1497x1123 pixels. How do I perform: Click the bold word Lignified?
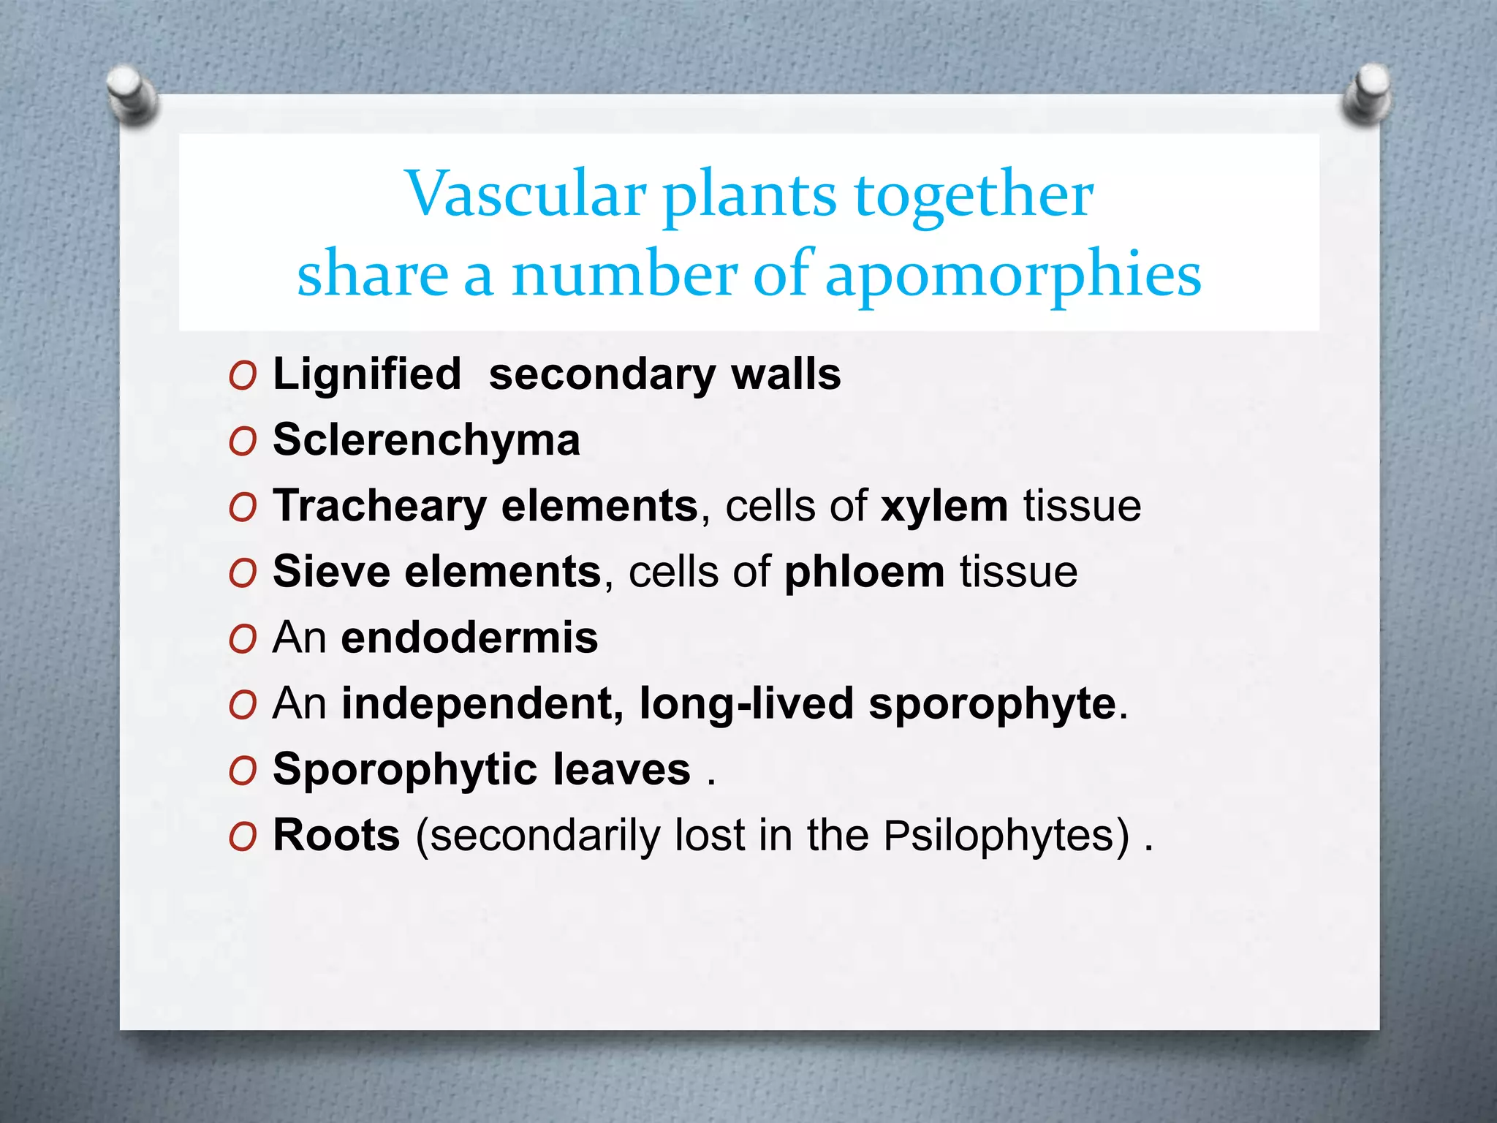click(367, 374)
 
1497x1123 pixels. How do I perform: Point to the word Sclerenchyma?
click(426, 440)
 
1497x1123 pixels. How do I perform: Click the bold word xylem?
click(944, 506)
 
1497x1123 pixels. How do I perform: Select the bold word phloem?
click(865, 572)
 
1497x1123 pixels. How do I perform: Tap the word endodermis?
click(469, 638)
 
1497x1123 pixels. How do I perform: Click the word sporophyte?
click(992, 704)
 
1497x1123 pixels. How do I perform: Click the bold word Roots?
click(336, 835)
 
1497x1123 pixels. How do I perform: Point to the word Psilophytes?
click(1006, 836)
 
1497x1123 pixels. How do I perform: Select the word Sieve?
click(331, 572)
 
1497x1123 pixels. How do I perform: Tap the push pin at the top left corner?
click(132, 94)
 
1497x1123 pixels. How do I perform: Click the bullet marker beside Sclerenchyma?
click(242, 442)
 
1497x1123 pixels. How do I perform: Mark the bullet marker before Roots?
click(242, 836)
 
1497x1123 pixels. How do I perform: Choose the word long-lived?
click(746, 704)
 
